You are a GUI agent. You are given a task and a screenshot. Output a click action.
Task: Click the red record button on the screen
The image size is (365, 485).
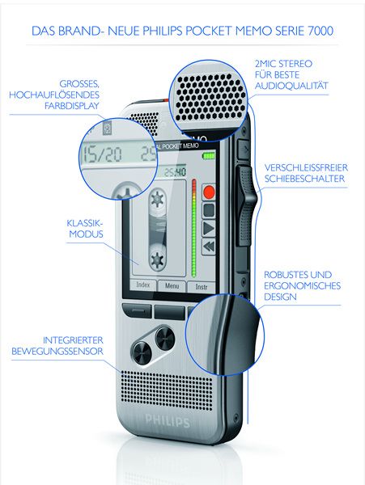(209, 192)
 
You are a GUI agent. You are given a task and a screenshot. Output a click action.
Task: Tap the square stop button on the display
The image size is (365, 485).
(209, 210)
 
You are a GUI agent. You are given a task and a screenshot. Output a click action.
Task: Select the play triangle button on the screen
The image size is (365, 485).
(209, 229)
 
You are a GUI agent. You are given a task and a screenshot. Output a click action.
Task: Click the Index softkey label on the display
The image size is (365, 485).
(143, 285)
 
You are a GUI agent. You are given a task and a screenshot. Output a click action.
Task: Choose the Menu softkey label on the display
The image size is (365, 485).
(172, 286)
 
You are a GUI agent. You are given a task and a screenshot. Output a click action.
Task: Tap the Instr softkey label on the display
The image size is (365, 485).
(202, 287)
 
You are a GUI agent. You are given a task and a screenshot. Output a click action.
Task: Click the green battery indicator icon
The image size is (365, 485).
(209, 155)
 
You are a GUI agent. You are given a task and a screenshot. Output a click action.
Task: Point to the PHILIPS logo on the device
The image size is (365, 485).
(168, 421)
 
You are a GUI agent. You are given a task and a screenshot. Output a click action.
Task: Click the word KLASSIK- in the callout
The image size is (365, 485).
(84, 223)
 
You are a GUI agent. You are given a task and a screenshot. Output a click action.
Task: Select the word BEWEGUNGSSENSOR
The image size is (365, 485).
(57, 352)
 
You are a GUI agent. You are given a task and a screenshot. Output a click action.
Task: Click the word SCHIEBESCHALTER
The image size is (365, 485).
(304, 179)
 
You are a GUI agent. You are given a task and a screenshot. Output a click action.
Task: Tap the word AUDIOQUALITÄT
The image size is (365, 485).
(291, 86)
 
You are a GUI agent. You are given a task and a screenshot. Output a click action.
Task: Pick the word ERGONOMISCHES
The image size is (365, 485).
(302, 285)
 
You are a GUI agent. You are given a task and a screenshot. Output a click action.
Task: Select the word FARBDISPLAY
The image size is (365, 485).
(72, 106)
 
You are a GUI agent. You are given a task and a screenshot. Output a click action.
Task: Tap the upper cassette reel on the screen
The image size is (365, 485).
(157, 199)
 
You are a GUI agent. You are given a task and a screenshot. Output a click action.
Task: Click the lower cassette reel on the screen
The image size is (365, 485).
(157, 259)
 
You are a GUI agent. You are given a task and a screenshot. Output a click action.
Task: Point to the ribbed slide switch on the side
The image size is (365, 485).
(247, 205)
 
